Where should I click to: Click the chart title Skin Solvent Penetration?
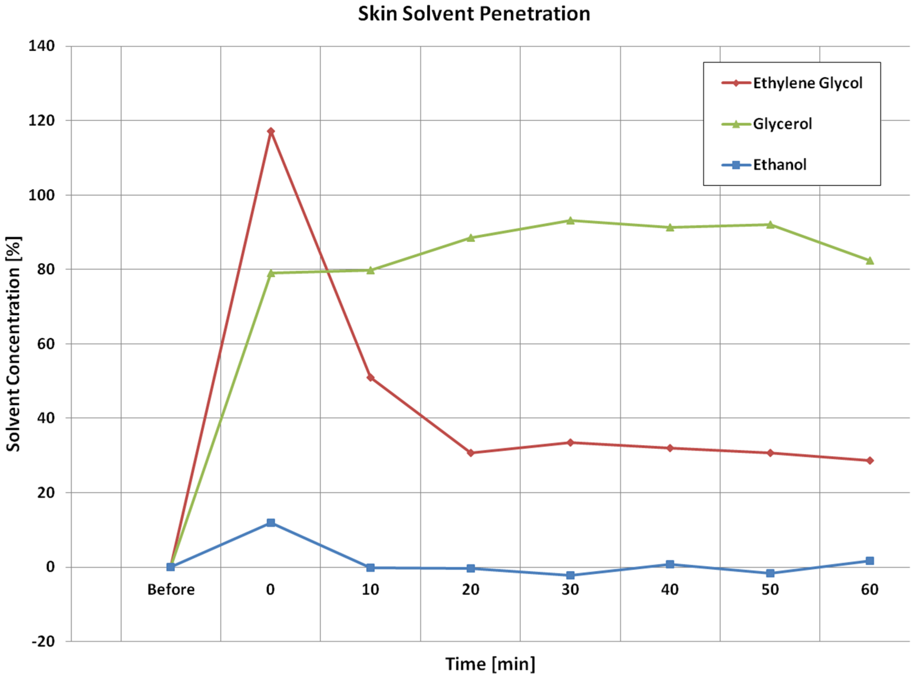point(474,14)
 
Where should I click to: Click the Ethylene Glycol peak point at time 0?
point(271,132)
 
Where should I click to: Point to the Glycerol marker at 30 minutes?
point(571,220)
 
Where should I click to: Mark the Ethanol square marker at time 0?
point(271,523)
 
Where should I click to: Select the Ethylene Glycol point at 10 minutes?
point(371,377)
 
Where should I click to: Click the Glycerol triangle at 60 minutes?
point(870,261)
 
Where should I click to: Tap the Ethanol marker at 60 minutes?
point(870,561)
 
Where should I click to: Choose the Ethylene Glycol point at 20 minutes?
point(471,453)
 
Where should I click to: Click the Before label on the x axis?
point(171,589)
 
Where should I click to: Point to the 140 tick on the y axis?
point(42,46)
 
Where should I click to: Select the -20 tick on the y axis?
point(43,641)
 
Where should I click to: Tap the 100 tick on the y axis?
point(42,195)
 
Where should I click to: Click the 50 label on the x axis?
point(770,589)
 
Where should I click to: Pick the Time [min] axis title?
point(491,664)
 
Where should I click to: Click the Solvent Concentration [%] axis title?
point(14,344)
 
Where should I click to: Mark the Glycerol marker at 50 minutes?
point(770,225)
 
